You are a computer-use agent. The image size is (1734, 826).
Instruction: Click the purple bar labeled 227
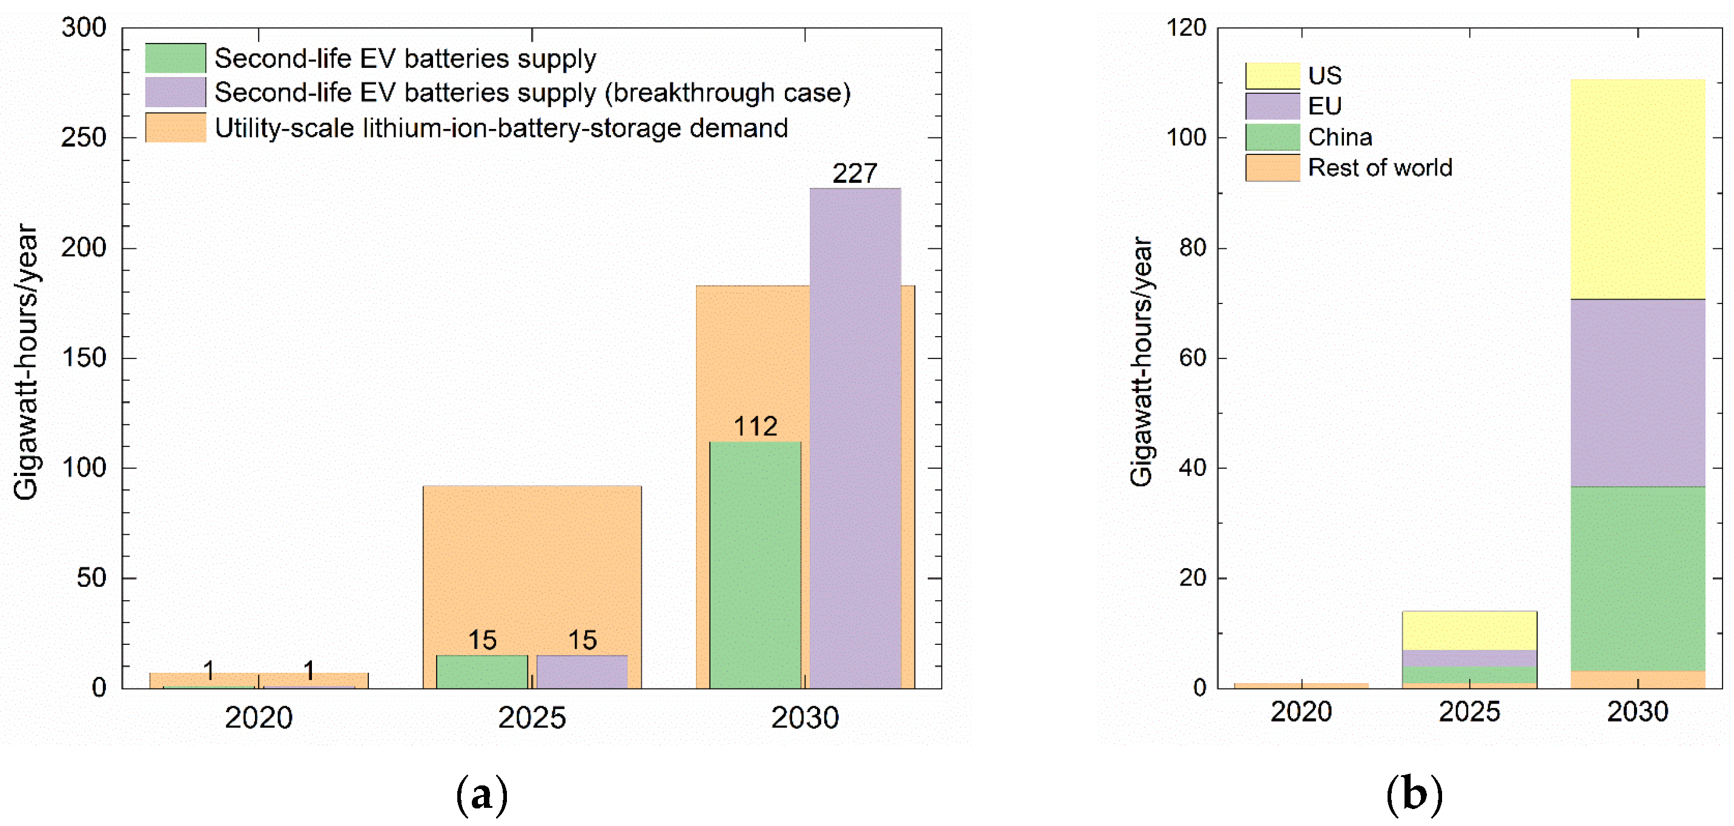855,438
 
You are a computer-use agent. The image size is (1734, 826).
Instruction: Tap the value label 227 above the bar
854,174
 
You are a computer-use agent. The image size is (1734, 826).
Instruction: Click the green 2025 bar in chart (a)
482,671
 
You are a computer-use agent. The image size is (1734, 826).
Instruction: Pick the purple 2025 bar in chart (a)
581,671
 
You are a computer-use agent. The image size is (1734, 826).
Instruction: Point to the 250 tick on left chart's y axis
84,138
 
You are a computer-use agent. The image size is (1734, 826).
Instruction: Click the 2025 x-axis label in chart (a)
531,718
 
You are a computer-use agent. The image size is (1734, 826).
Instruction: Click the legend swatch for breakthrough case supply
175,92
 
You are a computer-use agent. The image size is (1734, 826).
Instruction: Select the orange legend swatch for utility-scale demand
175,127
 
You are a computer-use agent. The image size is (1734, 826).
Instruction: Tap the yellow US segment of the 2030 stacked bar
1637,188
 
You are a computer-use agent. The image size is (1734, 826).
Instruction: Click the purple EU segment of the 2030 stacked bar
1637,392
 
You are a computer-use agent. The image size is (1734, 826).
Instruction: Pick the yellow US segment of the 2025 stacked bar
1469,630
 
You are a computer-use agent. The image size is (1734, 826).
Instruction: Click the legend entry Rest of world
1379,168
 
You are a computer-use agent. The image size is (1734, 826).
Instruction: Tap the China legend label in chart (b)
1340,137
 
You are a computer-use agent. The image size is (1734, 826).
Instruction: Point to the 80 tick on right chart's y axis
1192,248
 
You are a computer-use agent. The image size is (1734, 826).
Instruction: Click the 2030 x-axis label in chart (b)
1637,712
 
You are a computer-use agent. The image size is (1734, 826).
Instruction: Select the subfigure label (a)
481,795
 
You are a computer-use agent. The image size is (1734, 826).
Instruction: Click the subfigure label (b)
1414,795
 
